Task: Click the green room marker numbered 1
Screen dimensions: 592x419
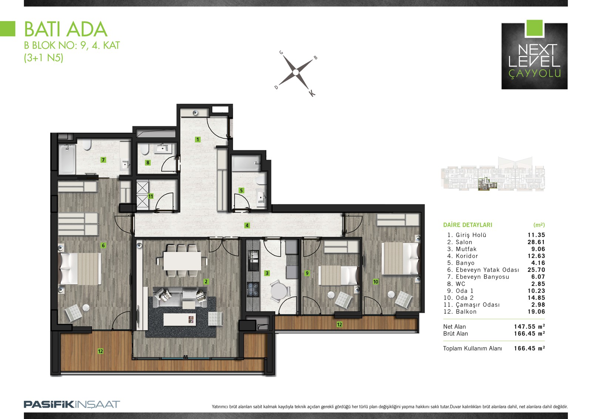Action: tap(198, 139)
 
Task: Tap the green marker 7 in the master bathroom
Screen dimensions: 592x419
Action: tap(103, 160)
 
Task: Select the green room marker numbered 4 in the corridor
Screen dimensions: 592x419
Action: tap(247, 225)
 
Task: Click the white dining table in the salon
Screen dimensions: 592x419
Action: tap(182, 261)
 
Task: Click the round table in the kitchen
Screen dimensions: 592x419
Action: tap(278, 291)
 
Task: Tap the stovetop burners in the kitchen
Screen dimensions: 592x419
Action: tap(253, 289)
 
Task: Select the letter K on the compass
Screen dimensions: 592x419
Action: tap(312, 93)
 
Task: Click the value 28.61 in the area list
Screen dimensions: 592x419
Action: tap(536, 242)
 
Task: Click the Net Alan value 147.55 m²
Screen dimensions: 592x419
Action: tap(529, 326)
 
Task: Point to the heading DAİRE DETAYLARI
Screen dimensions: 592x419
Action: tap(468, 225)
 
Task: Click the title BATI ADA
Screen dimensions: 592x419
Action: tap(66, 29)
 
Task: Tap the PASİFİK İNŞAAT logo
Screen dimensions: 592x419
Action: tap(72, 404)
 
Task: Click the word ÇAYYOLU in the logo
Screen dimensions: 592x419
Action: tap(535, 73)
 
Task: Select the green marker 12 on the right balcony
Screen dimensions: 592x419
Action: tap(339, 324)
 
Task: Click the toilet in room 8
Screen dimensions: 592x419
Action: tap(145, 149)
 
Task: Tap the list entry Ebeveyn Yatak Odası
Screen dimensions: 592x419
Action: tap(487, 270)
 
